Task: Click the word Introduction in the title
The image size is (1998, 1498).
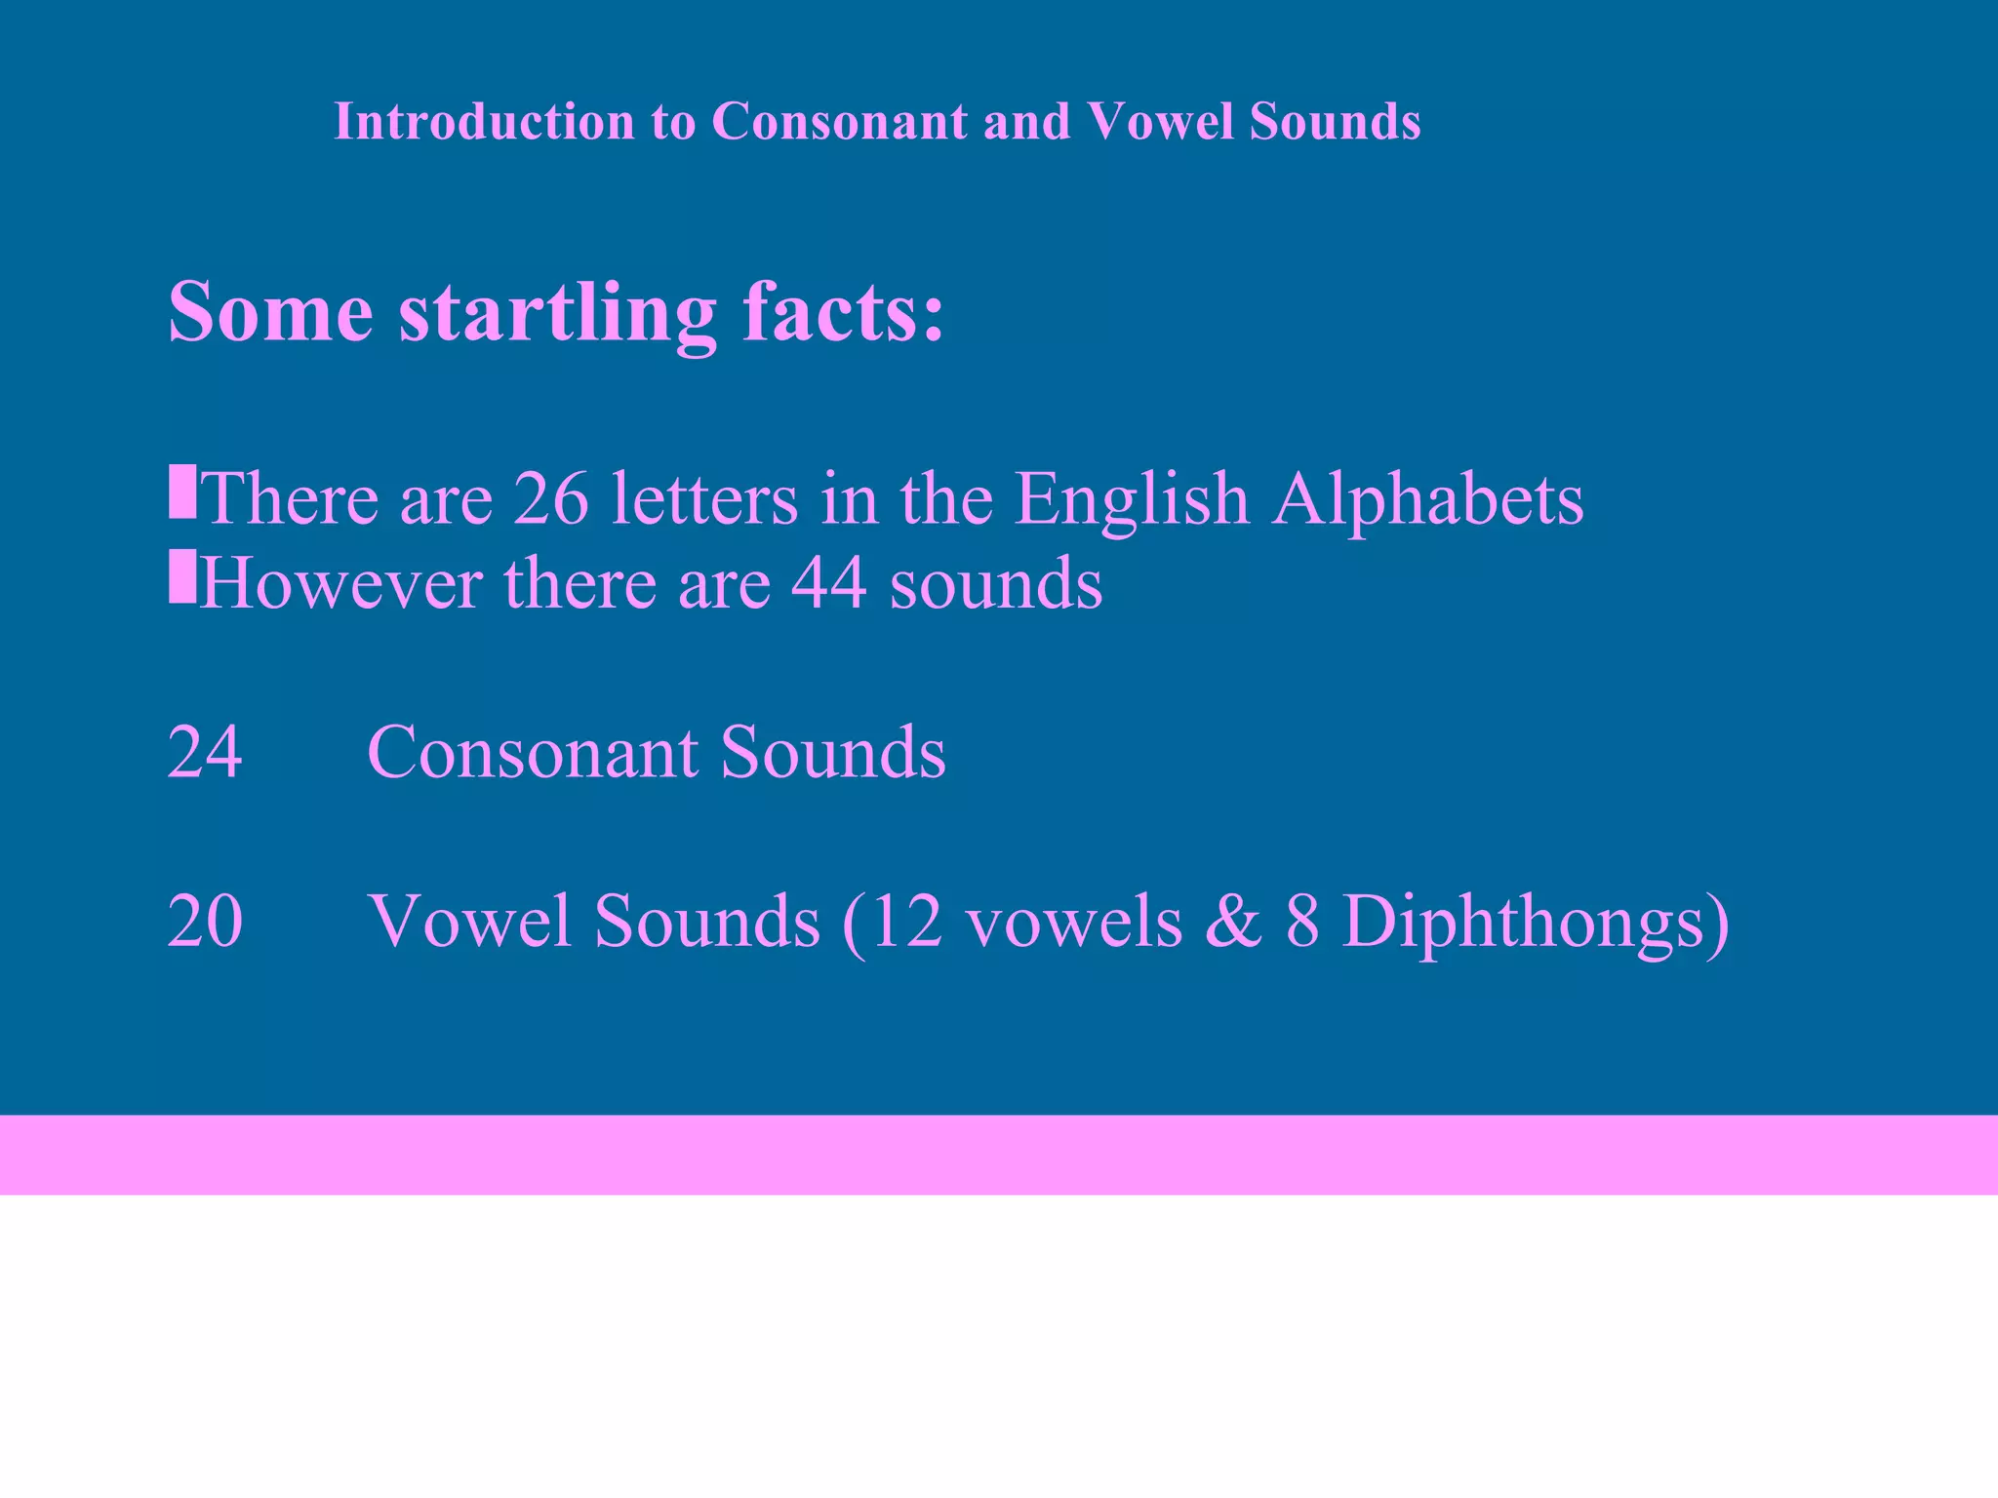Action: [x=485, y=122]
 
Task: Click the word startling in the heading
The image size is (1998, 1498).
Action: [x=558, y=312]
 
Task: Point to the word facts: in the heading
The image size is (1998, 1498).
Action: [x=844, y=312]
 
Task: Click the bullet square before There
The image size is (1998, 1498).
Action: [x=182, y=492]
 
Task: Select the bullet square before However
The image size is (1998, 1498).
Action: [x=182, y=576]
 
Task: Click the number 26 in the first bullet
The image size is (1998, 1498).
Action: [x=551, y=498]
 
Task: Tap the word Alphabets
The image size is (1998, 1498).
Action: [x=1427, y=498]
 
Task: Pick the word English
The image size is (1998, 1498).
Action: [x=1132, y=498]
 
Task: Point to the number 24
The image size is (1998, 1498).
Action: [x=205, y=752]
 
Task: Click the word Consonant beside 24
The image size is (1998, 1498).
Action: [x=533, y=752]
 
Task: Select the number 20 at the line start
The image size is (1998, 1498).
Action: [x=205, y=921]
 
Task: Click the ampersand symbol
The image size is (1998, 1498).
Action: [x=1233, y=921]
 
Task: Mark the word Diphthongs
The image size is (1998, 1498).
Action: [x=1535, y=921]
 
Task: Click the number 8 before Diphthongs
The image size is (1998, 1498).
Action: [x=1302, y=921]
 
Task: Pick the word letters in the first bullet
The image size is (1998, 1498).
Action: [x=704, y=498]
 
